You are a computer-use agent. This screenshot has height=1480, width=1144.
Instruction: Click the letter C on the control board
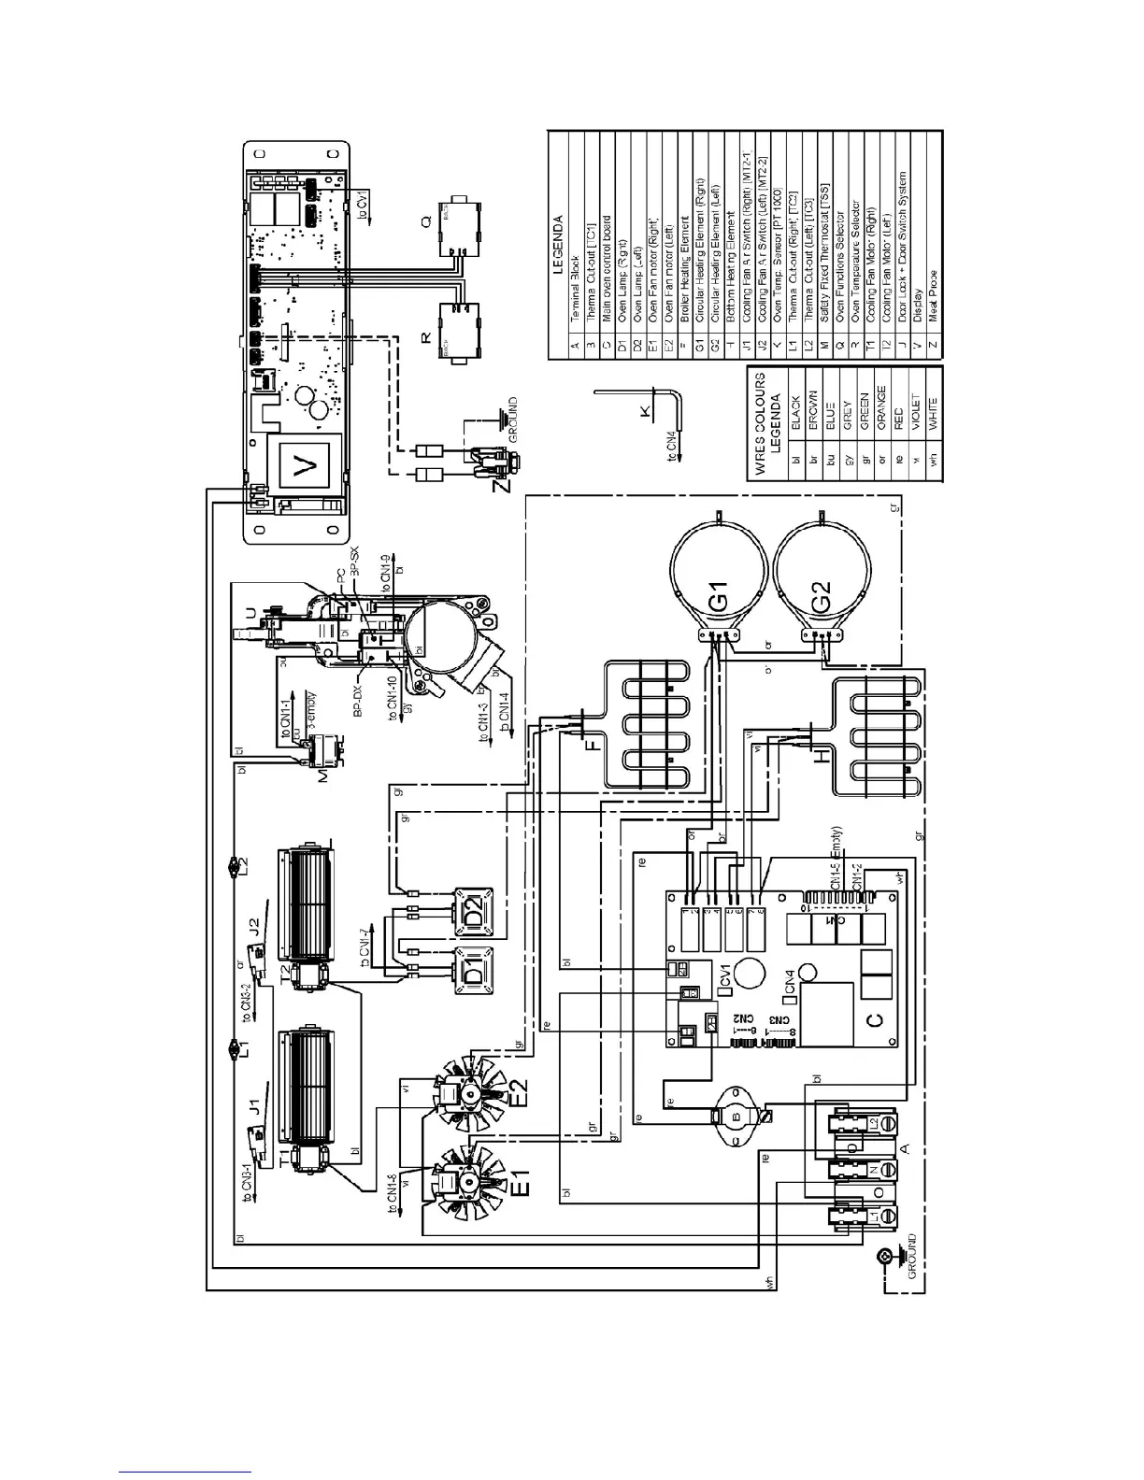873,1022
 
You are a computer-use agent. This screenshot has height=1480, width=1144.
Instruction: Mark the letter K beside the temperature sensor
642,412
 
